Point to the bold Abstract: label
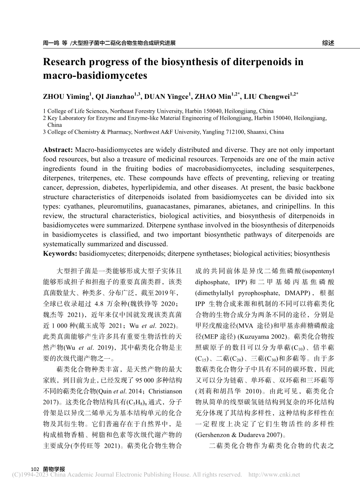pyautogui.click(x=58, y=150)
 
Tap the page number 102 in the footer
pyautogui.click(x=35, y=469)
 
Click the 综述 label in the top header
pyautogui.click(x=328, y=43)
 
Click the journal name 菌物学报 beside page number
pyautogui.click(x=54, y=469)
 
